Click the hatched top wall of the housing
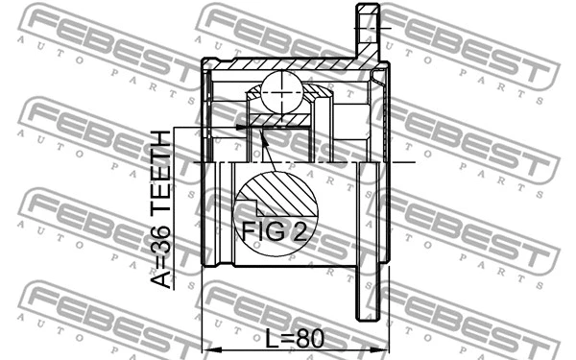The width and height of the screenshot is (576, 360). point(288,65)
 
